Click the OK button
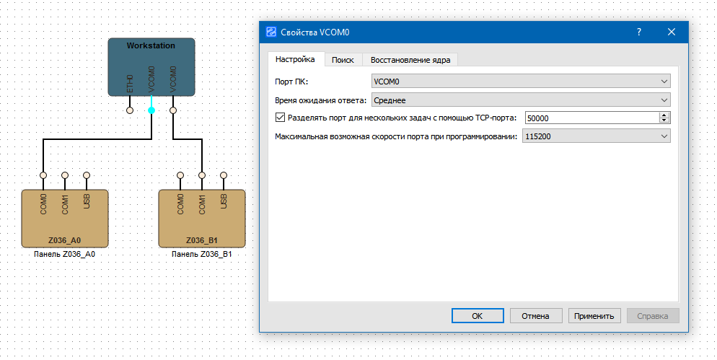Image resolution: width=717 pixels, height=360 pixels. point(477,316)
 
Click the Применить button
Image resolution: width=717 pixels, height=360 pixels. point(594,316)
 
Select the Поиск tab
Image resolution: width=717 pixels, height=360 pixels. point(343,60)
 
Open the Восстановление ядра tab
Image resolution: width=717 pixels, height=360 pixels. point(410,60)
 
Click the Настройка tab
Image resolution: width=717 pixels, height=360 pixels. point(296,59)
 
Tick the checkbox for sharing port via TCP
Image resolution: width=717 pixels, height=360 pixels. point(281,118)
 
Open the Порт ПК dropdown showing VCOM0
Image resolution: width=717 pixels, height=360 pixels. point(520,82)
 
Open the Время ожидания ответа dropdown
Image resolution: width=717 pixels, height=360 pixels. point(520,100)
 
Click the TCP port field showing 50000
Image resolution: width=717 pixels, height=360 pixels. point(591,118)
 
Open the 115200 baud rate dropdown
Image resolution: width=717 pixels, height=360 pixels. point(597,136)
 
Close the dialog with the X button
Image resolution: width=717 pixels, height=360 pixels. point(671,32)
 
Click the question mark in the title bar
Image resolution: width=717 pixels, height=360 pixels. point(639,32)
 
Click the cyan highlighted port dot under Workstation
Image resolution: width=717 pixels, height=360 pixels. point(151,110)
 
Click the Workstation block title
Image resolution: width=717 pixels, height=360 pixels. point(151,45)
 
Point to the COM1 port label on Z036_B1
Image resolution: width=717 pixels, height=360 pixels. point(202,204)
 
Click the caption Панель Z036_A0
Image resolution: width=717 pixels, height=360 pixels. point(65,255)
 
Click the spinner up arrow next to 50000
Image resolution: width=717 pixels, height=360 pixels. point(664,115)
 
